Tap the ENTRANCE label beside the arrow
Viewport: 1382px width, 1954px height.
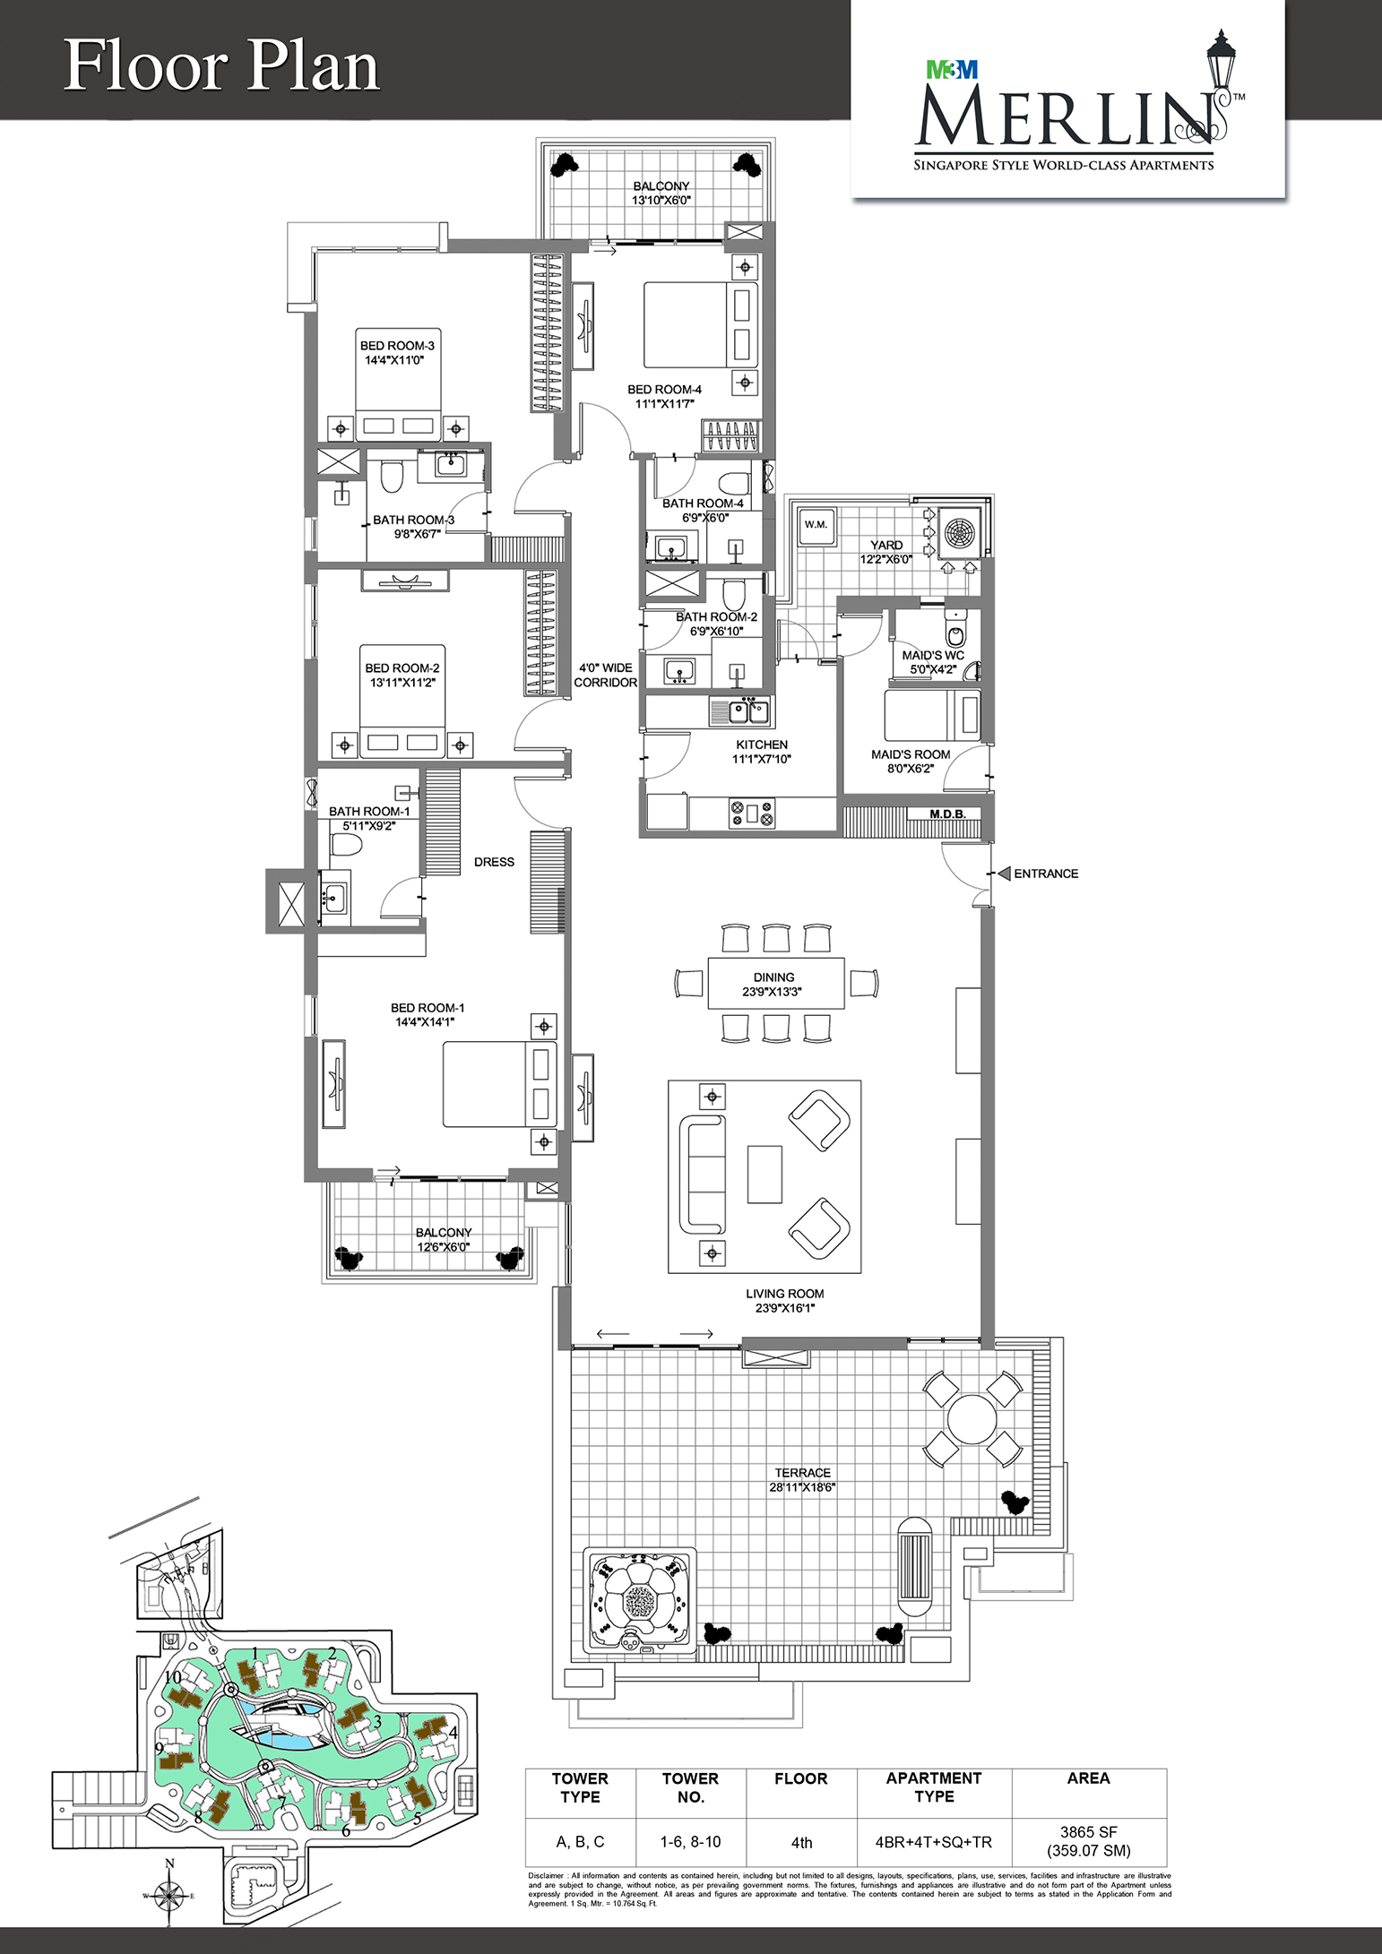(x=1046, y=874)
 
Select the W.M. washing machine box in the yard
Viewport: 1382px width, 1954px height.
(x=816, y=525)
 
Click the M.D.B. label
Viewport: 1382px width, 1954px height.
(x=947, y=814)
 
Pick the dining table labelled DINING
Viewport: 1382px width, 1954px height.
(x=776, y=984)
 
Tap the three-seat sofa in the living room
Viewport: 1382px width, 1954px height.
(x=702, y=1174)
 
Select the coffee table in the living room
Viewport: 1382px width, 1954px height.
(x=764, y=1174)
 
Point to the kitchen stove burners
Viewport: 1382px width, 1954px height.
(x=752, y=813)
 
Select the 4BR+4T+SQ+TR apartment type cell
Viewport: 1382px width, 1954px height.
(x=934, y=1842)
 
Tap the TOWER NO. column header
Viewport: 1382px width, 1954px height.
(x=690, y=1787)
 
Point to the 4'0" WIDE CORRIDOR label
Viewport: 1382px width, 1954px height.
(x=606, y=675)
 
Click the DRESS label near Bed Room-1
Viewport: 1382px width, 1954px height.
(x=494, y=862)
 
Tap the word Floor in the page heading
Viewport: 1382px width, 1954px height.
(x=147, y=66)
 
